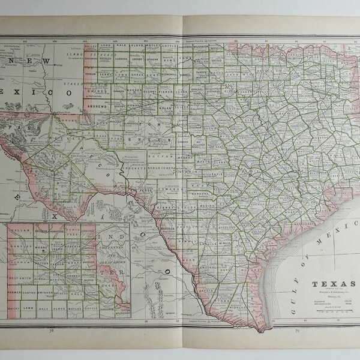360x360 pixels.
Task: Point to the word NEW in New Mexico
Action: click(24, 62)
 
